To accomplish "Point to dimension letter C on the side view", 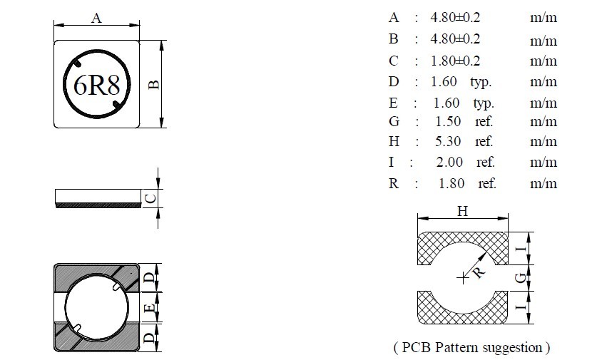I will coord(149,199).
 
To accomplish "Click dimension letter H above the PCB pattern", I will coord(462,211).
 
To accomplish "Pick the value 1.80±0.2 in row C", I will coord(455,61).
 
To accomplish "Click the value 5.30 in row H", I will coord(449,142).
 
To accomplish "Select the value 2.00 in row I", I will coord(449,163).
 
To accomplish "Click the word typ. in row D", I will coord(481,82).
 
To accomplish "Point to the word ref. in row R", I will coord(487,184).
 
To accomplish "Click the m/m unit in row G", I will coord(543,122).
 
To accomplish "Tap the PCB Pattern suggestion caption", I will coord(471,348).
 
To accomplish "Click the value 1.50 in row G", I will coord(449,122).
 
